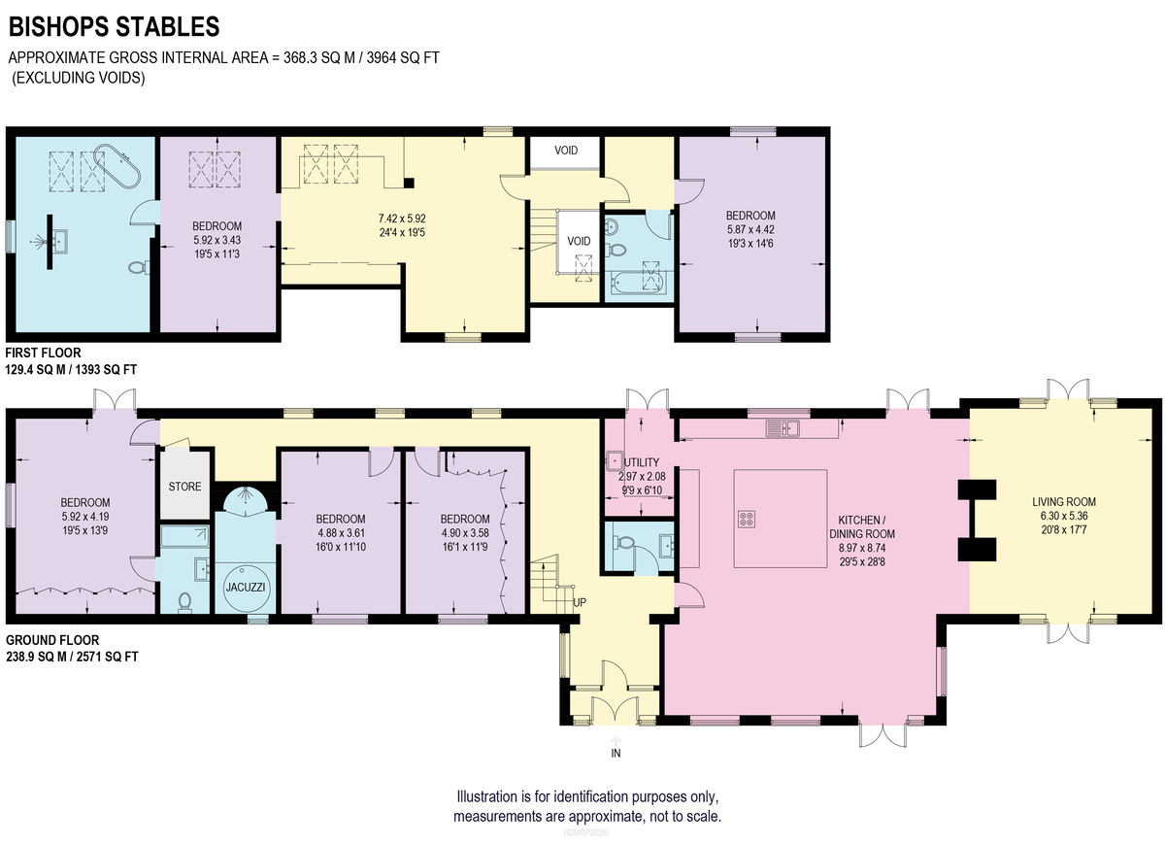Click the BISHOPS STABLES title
115,26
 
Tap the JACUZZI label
246,587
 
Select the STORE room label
184,487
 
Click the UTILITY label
642,462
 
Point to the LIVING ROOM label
1064,501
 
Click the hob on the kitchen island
747,519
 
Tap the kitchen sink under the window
782,428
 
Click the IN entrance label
616,753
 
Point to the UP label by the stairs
580,602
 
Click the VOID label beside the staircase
579,241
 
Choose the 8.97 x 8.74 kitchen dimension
862,548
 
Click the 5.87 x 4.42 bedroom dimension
750,229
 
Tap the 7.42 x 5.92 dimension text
402,219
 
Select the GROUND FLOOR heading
52,640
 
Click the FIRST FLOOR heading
43,353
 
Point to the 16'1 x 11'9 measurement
464,547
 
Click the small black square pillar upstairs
410,183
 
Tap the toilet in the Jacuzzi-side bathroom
184,602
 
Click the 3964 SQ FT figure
403,57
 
